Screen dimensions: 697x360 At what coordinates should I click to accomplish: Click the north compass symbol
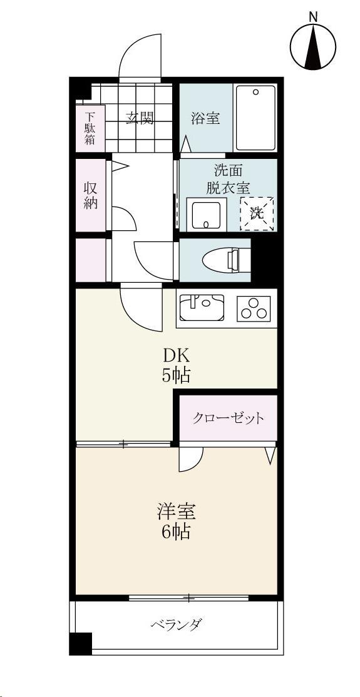pos(313,46)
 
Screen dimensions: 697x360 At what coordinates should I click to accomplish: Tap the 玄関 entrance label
pos(140,118)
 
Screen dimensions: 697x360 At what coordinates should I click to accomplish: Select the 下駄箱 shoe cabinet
pos(90,128)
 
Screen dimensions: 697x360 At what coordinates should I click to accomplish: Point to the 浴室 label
pos(205,118)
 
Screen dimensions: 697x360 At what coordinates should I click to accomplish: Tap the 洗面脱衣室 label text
pos(228,178)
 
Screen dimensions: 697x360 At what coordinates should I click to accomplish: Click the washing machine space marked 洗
pos(257,213)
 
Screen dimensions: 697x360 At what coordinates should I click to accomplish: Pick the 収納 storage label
pos(91,195)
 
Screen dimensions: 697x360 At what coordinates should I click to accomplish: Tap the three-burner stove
pos(254,308)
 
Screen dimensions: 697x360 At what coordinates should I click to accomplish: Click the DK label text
pos(177,355)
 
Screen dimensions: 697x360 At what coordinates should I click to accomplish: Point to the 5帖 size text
pos(177,375)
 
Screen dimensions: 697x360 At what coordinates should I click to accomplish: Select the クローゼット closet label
pos(228,418)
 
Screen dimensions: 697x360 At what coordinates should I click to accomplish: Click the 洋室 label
pos(176,512)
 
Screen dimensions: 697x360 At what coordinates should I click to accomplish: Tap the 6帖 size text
pos(176,532)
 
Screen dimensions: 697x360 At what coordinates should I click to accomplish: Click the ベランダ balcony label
pos(176,624)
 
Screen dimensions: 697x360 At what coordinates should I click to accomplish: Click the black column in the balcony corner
pos(80,643)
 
